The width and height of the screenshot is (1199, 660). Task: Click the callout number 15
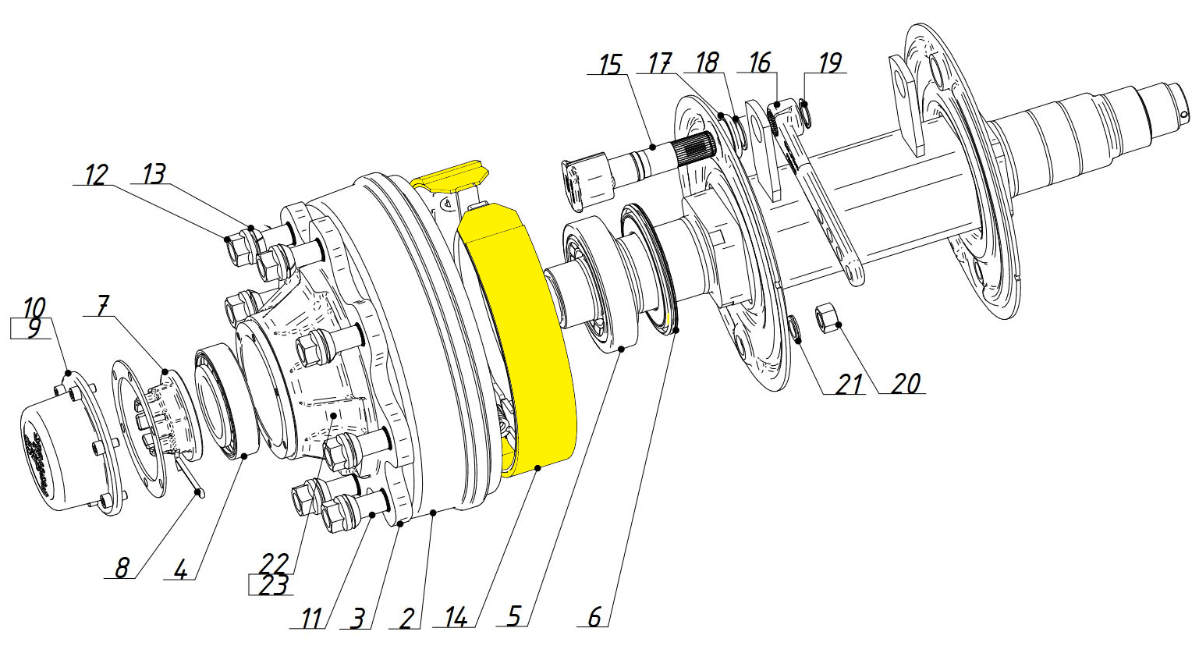click(x=610, y=65)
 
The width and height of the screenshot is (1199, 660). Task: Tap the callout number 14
click(x=456, y=618)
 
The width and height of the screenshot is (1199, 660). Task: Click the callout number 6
click(x=594, y=616)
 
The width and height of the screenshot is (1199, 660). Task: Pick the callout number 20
click(x=906, y=383)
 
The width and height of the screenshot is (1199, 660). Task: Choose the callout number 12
click(x=97, y=175)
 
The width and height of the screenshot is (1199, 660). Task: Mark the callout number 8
click(x=122, y=568)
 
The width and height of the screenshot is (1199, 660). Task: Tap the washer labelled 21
click(x=795, y=330)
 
